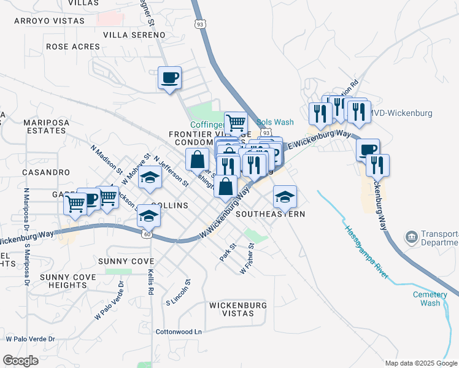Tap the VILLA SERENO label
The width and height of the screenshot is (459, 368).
(x=130, y=35)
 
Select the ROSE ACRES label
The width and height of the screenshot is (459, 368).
(x=72, y=47)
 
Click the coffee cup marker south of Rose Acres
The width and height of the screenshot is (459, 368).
(x=170, y=78)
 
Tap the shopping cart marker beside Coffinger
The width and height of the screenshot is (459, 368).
(x=236, y=122)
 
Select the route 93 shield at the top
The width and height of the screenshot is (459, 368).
(x=198, y=24)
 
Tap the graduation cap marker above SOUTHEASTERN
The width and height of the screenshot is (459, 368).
(x=285, y=196)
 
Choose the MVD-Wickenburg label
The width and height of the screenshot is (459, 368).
(x=402, y=113)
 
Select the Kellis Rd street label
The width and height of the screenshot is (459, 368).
(x=150, y=270)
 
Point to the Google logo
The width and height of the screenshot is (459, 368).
(x=20, y=361)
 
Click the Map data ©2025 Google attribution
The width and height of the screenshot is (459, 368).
(x=421, y=363)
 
